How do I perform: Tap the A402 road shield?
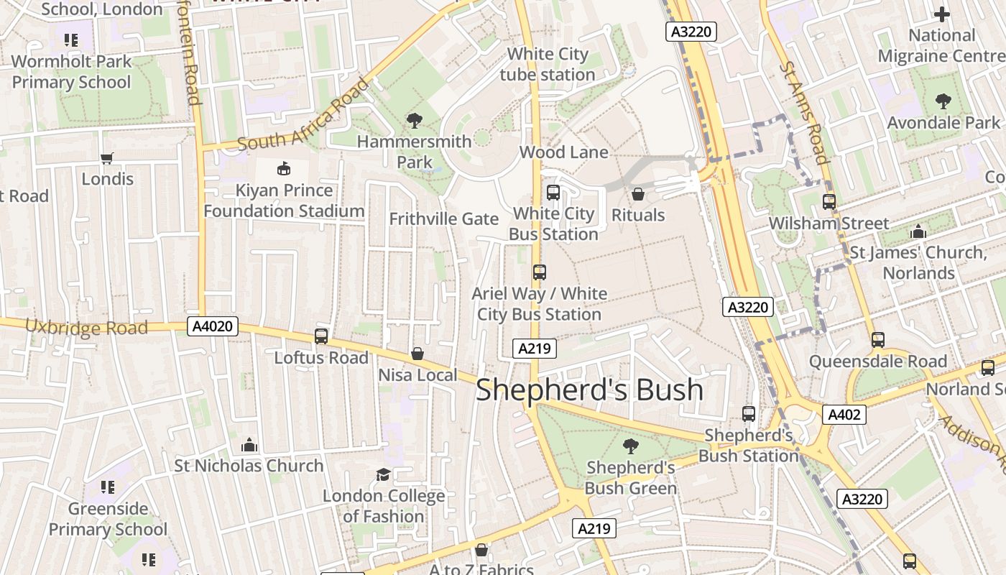click(844, 415)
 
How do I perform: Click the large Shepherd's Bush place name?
click(589, 390)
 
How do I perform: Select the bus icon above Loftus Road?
click(321, 336)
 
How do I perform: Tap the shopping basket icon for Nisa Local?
click(417, 354)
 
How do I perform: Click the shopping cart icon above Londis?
click(107, 158)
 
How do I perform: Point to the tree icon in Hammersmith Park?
click(415, 120)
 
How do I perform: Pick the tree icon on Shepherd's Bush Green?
click(630, 446)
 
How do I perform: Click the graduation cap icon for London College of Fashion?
click(383, 474)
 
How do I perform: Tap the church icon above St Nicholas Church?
click(249, 445)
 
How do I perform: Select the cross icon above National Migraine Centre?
click(941, 14)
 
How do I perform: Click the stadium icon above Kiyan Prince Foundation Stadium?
click(284, 169)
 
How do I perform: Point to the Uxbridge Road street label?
click(86, 327)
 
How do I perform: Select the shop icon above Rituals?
click(637, 194)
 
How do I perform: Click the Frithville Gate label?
click(443, 218)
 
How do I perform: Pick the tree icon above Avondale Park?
click(943, 101)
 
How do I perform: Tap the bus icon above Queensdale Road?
click(877, 340)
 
